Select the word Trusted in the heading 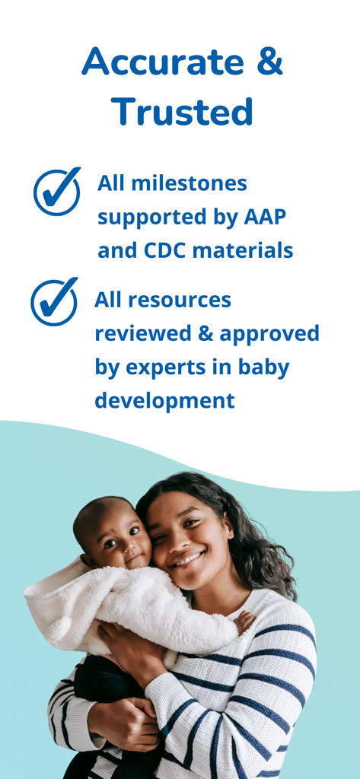pyautogui.click(x=182, y=113)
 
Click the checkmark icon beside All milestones pyautogui.click(x=57, y=191)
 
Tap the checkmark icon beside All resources pyautogui.click(x=54, y=301)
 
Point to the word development pyautogui.click(x=164, y=400)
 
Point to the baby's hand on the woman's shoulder pyautogui.click(x=244, y=622)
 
